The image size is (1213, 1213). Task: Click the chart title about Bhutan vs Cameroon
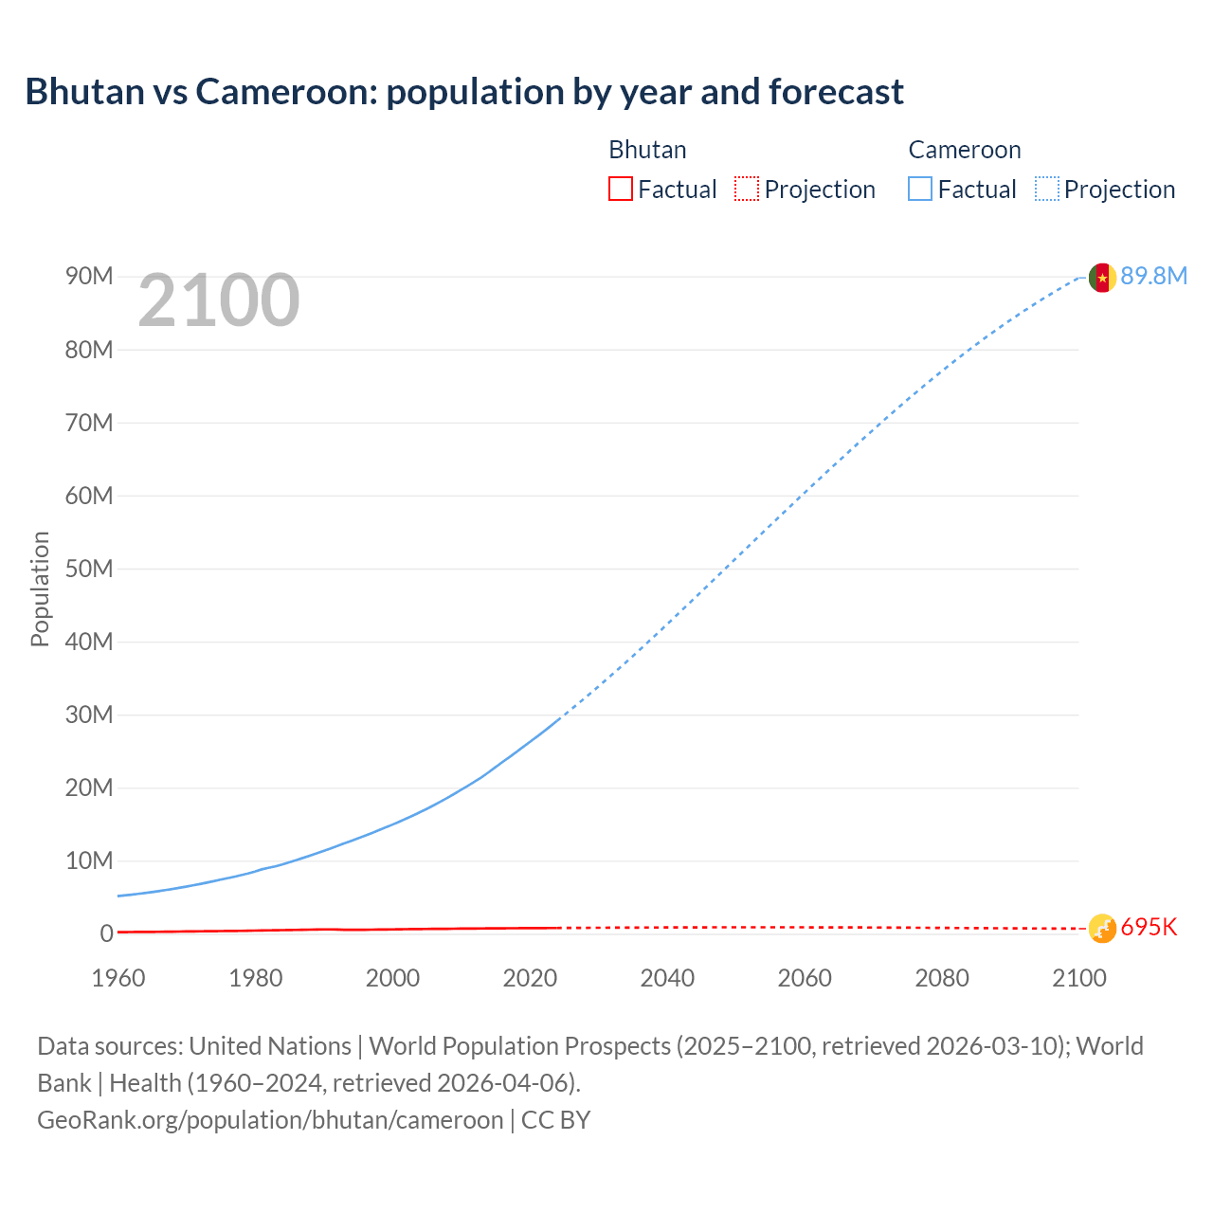click(464, 92)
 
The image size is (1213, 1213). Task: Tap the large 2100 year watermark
click(219, 300)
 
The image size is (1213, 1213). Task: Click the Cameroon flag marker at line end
click(1101, 277)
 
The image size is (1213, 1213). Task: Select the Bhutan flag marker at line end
click(1101, 928)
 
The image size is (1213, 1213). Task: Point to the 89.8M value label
click(1153, 276)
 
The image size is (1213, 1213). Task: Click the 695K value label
click(1149, 927)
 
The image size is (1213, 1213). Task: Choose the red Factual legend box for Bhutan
click(620, 189)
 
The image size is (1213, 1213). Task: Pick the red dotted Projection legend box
click(747, 189)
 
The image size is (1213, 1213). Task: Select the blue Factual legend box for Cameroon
click(919, 189)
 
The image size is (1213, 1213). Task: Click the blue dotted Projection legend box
click(1046, 189)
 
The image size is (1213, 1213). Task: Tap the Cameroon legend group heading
click(964, 150)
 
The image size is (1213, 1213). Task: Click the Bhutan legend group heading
click(647, 150)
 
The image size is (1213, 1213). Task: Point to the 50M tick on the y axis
click(89, 569)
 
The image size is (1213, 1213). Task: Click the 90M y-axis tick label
click(89, 276)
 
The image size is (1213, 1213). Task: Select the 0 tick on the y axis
click(106, 933)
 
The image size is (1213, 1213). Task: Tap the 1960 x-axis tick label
click(118, 978)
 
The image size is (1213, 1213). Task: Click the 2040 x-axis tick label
click(667, 978)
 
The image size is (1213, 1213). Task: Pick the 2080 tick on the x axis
click(942, 978)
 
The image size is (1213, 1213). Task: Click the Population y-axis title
click(40, 588)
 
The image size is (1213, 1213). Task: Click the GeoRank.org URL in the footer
click(270, 1120)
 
